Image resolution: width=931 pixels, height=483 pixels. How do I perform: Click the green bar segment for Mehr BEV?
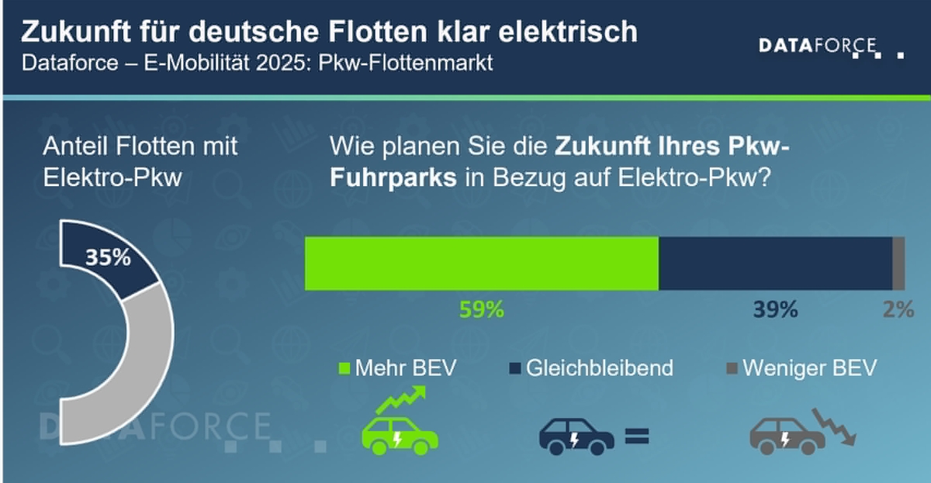(481, 264)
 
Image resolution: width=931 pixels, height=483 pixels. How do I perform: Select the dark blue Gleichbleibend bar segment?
(775, 264)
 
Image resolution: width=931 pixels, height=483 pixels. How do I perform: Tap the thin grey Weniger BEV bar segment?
(898, 264)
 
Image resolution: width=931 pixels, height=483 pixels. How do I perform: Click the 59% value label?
(482, 310)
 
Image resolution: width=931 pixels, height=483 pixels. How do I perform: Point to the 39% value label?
(775, 310)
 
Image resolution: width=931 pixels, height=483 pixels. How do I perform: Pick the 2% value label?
(898, 310)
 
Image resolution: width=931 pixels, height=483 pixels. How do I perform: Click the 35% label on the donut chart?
(108, 258)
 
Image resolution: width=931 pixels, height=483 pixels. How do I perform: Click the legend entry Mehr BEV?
(398, 368)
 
